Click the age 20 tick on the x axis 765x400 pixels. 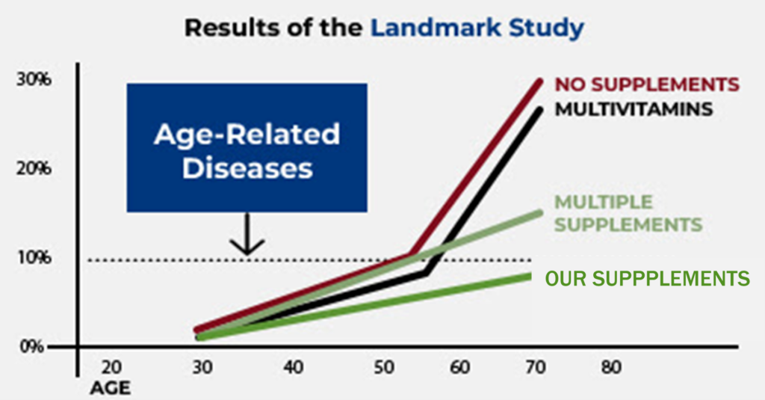point(111,368)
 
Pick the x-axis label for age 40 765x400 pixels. point(292,368)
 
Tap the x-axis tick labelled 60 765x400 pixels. point(460,368)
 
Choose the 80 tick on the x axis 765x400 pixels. point(611,368)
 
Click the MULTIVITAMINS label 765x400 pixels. point(633,109)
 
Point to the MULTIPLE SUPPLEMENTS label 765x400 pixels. point(627,214)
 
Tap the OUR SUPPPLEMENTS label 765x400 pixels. point(647,279)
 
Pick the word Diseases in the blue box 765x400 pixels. point(247,167)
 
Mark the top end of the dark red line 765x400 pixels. point(539,80)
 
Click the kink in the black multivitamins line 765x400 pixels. point(426,273)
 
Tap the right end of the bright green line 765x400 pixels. point(529,277)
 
